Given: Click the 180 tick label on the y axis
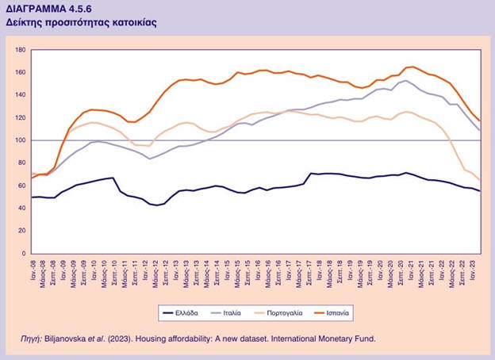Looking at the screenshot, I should [21, 50].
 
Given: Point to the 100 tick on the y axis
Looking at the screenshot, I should [21, 140].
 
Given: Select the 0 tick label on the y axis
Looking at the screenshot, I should [25, 253].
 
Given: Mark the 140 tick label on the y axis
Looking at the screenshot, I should [21, 95].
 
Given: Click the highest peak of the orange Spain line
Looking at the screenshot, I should [412, 67].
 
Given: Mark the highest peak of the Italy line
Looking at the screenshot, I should [406, 80].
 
